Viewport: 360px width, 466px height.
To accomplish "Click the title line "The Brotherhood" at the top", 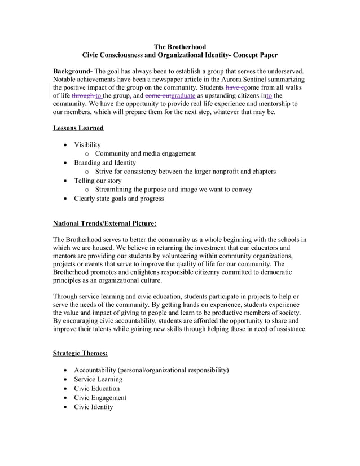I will pos(180,46).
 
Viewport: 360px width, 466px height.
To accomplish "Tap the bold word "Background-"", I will pos(73,71).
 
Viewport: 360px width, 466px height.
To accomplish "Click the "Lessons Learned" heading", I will pos(78,128).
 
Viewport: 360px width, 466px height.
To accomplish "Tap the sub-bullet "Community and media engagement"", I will pos(145,153).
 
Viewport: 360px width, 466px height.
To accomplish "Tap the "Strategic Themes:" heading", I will pos(80,354).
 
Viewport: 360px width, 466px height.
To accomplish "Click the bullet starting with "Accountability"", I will pos(151,370).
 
